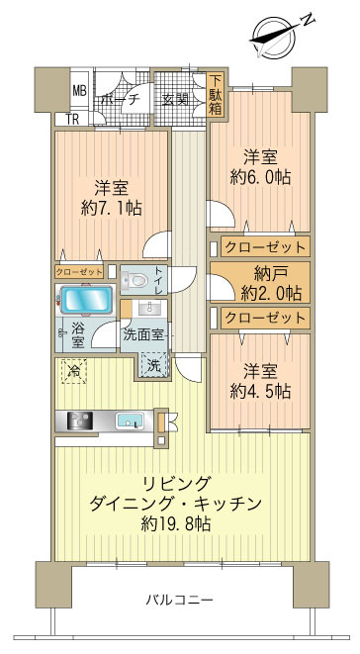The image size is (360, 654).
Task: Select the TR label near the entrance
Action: (72, 120)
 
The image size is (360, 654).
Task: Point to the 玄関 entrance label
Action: (176, 99)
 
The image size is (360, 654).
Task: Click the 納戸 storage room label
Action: (262, 272)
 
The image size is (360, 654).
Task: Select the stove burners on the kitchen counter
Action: (78, 420)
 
